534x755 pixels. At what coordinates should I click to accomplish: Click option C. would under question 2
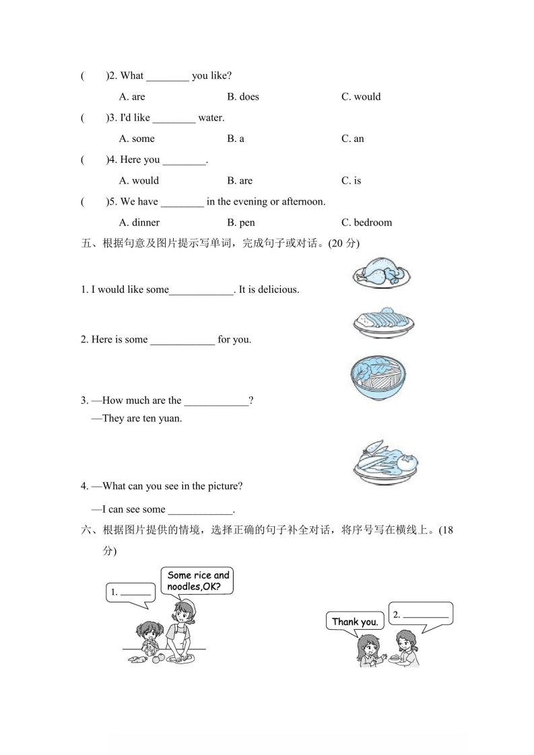coord(361,97)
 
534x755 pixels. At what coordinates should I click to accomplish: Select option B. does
coord(243,97)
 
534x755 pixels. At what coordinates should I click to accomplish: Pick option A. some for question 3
coord(137,139)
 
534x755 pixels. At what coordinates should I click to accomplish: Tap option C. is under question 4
coord(352,180)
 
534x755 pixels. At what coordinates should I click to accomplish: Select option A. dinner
coord(139,223)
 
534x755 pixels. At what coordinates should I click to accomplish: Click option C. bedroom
coord(366,223)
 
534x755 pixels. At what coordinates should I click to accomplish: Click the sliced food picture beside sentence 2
coord(382,322)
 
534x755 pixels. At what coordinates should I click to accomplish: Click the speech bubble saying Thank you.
coord(355,621)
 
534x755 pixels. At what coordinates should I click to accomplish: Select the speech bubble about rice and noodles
coord(198,581)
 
